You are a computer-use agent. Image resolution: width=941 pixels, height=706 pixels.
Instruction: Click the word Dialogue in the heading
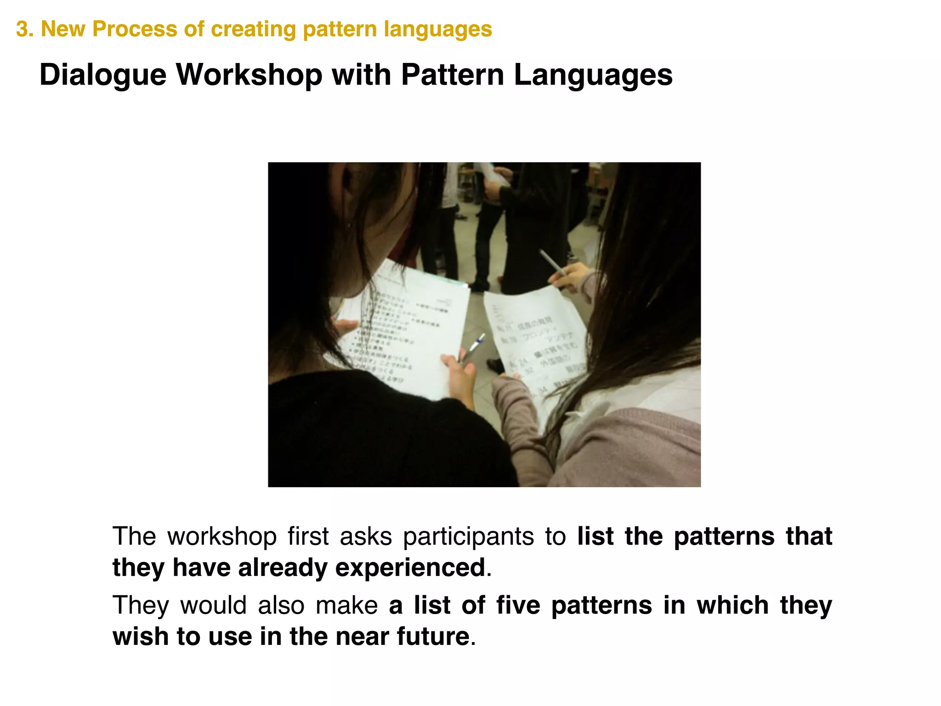(x=102, y=75)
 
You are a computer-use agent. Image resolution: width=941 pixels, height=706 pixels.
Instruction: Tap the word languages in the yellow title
(x=438, y=29)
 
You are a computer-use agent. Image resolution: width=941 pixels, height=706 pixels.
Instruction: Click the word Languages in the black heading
(x=593, y=75)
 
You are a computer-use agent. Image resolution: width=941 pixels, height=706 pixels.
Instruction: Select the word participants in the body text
(x=468, y=537)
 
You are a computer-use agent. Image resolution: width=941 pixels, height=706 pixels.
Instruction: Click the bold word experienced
(x=410, y=568)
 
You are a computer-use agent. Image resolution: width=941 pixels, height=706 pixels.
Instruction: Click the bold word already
(x=281, y=568)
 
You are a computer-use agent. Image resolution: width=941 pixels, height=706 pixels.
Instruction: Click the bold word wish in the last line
(x=139, y=637)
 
